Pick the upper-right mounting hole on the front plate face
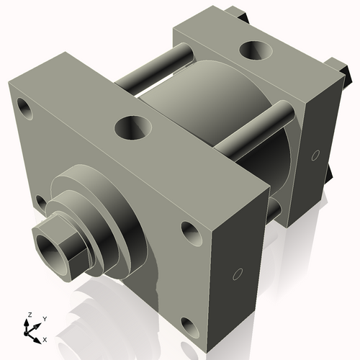(x=189, y=232)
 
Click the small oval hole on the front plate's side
(x=238, y=274)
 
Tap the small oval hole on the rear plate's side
(x=315, y=154)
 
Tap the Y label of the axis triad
(x=44, y=318)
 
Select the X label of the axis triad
(x=45, y=338)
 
